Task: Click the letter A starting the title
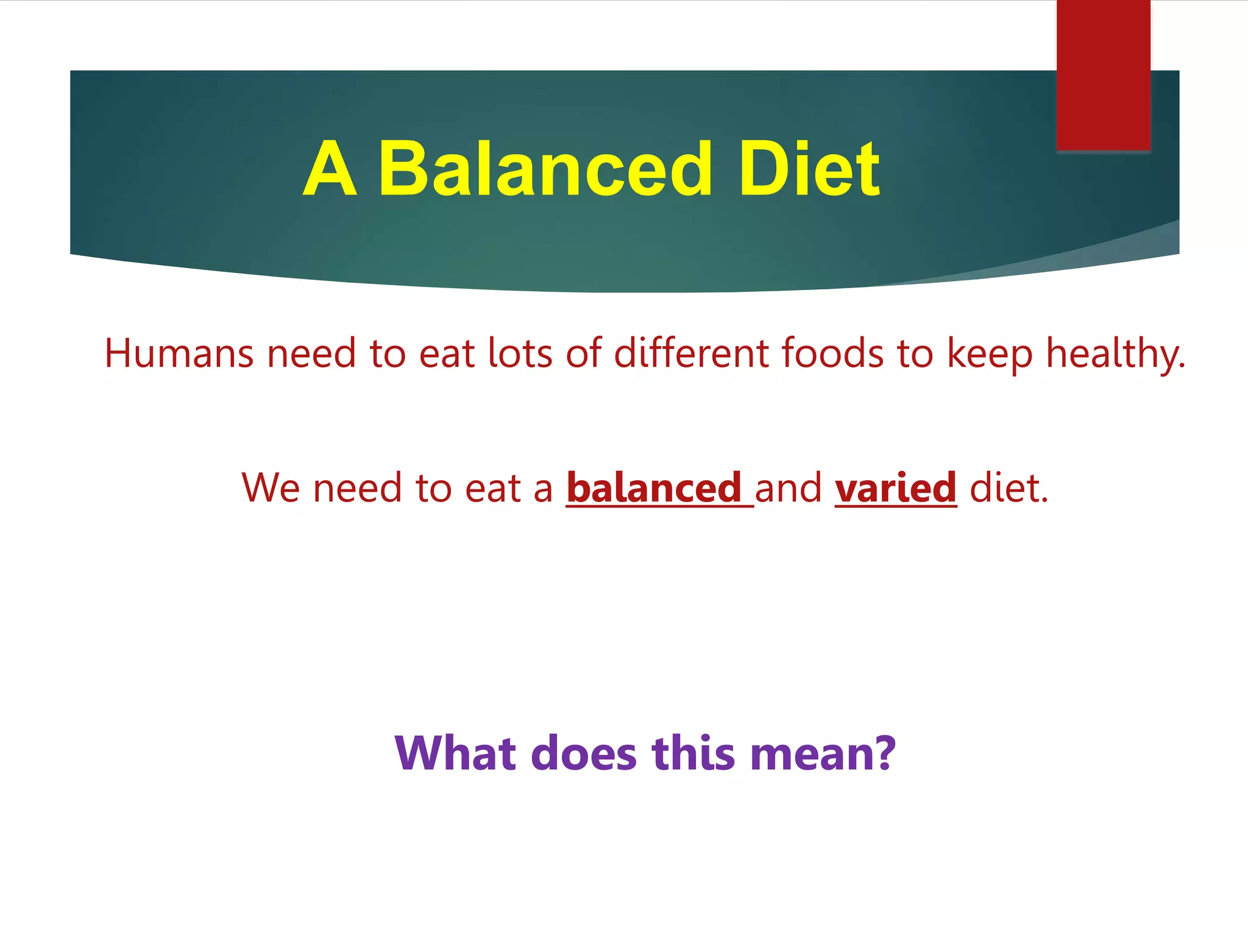click(329, 169)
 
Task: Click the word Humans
click(179, 353)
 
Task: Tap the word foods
click(832, 353)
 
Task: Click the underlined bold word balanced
click(654, 488)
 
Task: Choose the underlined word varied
click(895, 488)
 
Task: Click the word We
click(271, 488)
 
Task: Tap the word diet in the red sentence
click(1009, 488)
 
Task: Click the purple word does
click(584, 753)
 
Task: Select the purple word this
click(693, 753)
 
